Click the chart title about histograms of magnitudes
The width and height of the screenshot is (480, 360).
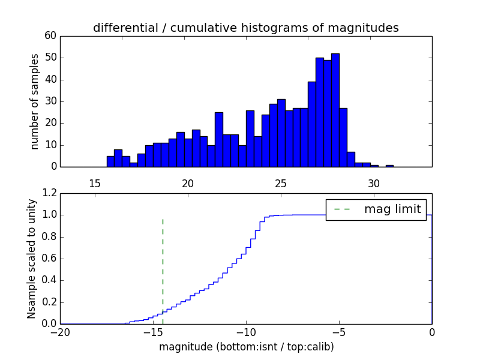[245, 28]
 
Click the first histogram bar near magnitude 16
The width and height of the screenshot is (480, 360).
[110, 161]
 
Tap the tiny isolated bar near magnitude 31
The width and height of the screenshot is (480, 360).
[389, 166]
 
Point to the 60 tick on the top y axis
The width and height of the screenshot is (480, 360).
[50, 36]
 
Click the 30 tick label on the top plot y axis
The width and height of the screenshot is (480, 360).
[50, 101]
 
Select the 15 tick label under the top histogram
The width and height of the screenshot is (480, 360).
[94, 184]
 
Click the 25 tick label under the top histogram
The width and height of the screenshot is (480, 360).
[281, 184]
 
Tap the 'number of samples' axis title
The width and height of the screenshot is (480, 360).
[35, 101]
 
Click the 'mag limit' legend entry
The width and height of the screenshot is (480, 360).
[376, 209]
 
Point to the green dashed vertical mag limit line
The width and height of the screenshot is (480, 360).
[163, 264]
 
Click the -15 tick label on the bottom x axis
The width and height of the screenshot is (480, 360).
[152, 332]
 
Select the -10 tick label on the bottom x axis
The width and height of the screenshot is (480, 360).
[245, 332]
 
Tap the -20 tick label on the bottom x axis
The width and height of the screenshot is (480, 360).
[60, 332]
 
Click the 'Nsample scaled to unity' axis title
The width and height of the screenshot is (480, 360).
[31, 259]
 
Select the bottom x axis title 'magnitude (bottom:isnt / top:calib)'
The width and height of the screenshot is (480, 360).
[245, 347]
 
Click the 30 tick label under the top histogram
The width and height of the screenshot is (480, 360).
[374, 184]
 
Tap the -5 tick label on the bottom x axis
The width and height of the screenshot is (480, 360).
[338, 332]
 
